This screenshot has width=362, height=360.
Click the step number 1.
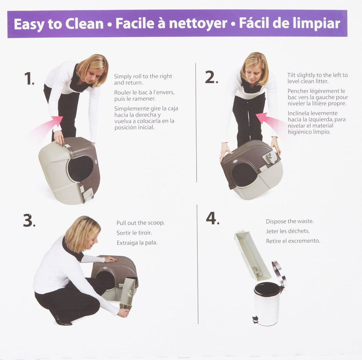click(29, 79)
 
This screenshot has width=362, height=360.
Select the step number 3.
click(29, 220)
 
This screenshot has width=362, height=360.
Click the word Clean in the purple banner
click(84, 24)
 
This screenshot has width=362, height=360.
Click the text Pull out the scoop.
click(140, 223)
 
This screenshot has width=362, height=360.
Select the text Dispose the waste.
click(290, 221)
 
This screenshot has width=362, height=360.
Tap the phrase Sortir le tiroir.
click(134, 233)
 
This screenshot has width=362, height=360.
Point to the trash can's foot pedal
click(255, 319)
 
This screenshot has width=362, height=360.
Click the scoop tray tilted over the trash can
click(252, 255)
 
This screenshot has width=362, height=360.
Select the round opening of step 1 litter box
click(80, 169)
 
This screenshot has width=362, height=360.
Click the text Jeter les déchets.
click(288, 231)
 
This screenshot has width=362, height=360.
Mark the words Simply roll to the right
click(143, 76)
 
